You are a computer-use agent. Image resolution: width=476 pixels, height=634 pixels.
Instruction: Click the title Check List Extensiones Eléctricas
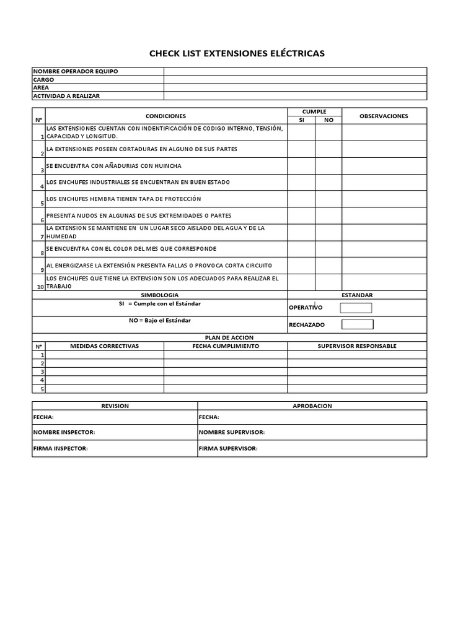point(237,53)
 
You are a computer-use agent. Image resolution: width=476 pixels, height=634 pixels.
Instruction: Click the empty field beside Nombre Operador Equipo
point(295,71)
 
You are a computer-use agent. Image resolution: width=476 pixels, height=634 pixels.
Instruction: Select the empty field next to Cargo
point(295,79)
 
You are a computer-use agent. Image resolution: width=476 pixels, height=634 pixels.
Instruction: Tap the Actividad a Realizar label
point(66,96)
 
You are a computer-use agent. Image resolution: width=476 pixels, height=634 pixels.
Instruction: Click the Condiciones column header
point(165,116)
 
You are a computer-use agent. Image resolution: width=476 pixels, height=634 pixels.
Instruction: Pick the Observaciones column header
point(384,116)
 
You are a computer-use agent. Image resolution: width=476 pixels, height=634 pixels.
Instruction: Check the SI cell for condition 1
point(301,132)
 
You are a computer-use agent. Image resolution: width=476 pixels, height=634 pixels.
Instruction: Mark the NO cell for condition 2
point(328,149)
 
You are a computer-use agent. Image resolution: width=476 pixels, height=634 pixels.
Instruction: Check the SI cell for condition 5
point(301,199)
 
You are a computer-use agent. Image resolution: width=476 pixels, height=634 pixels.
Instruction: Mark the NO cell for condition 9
point(328,266)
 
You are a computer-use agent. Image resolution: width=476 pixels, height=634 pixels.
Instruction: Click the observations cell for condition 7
point(384,232)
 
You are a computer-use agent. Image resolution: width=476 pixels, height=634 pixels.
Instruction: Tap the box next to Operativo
point(356,308)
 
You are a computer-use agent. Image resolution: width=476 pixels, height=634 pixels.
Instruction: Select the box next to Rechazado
point(358,324)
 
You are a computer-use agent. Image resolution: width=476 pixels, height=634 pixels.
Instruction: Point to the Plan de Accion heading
point(229,338)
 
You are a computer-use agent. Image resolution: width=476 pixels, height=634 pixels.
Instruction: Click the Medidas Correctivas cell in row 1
point(105,355)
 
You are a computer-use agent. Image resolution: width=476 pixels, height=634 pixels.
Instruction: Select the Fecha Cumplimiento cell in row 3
point(226,372)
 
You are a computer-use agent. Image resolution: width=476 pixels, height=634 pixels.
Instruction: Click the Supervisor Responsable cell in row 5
point(357,389)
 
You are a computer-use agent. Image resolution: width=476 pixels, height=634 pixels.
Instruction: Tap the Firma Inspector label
point(61,448)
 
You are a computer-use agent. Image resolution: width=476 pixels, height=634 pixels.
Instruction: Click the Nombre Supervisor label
point(232,432)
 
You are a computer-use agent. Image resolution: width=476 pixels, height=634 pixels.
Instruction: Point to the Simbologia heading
point(160,295)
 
